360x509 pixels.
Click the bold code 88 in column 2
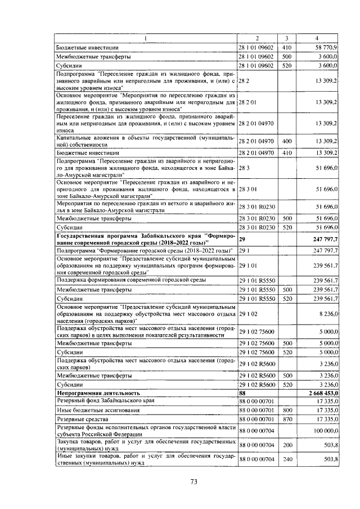(x=243, y=392)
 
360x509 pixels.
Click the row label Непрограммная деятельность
(x=98, y=392)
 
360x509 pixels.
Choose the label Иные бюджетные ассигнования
(x=95, y=410)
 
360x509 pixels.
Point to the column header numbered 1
(x=146, y=38)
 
